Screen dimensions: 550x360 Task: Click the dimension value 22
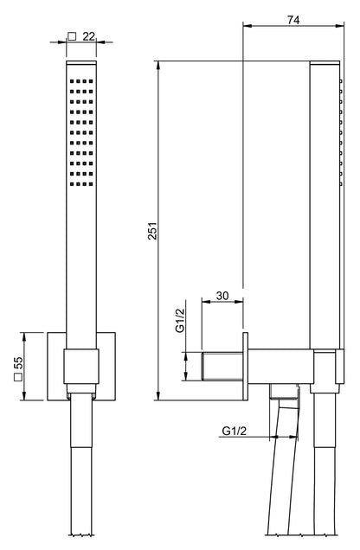88,35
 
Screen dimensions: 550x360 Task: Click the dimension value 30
222,296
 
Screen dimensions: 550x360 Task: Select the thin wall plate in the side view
247,367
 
